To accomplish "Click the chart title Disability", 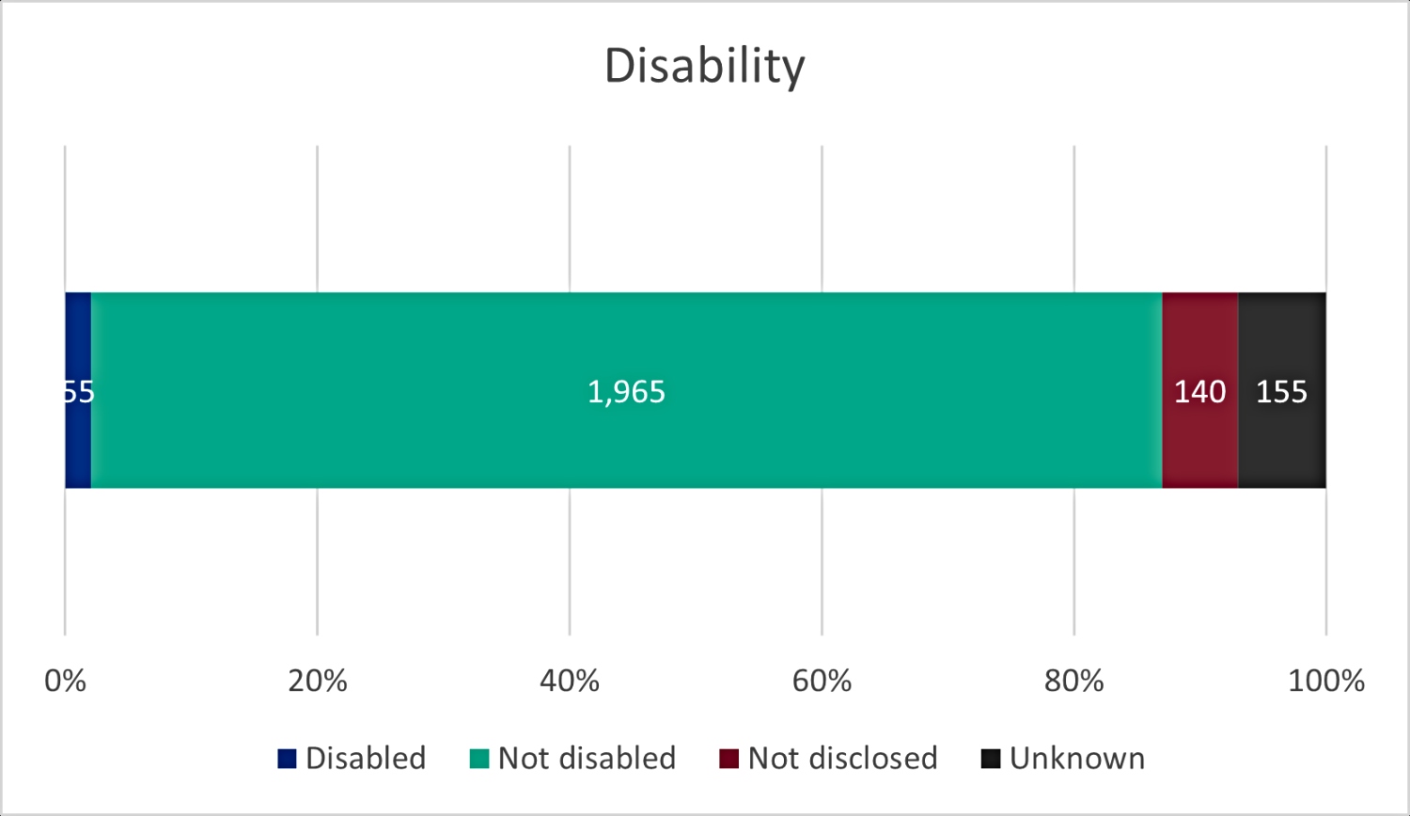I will pos(704,66).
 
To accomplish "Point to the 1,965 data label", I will pos(626,391).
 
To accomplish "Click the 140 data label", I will pos(1199,391).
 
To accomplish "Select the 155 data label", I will pos(1281,391).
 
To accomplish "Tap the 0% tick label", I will pos(65,681).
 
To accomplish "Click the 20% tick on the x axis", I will pos(318,681).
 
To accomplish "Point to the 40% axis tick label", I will pos(570,681).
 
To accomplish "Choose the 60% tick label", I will pos(822,681).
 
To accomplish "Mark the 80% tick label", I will pos(1073,681).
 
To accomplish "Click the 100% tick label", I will pos(1325,681).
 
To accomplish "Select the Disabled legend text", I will pos(366,758).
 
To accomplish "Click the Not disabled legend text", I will pos(587,758).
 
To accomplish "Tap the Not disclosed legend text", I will pos(842,758).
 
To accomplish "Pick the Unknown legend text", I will pos(1077,758).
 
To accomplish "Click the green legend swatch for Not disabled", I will pos(479,759).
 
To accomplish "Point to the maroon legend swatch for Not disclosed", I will pos(729,759).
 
